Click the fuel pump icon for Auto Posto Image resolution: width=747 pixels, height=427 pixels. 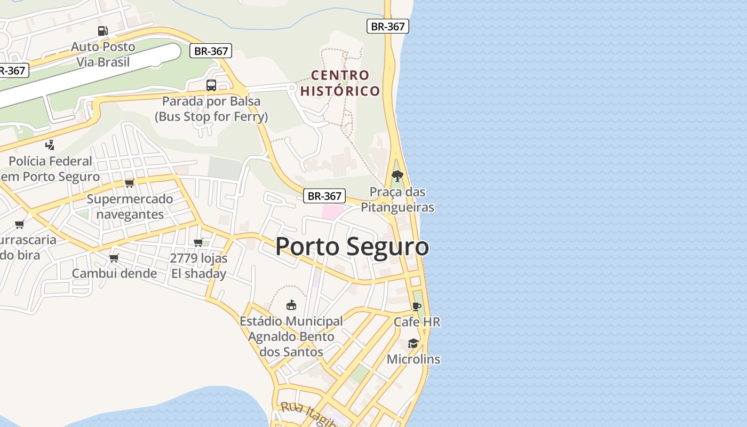[x=102, y=31]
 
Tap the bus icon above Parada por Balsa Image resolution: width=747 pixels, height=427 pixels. [x=211, y=85]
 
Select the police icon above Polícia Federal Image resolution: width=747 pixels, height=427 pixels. [x=50, y=145]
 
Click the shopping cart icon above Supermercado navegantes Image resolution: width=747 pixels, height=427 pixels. [x=129, y=183]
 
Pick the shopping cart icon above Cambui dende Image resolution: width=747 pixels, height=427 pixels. [x=114, y=258]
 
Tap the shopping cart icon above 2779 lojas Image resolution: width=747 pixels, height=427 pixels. [x=198, y=243]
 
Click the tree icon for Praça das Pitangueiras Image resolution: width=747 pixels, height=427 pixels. [x=397, y=176]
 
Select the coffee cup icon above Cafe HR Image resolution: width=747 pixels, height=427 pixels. [x=417, y=306]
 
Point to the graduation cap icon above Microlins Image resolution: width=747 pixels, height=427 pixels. [x=414, y=343]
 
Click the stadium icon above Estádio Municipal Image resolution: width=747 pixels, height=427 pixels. [x=291, y=305]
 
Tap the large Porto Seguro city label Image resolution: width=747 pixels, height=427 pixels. [x=352, y=247]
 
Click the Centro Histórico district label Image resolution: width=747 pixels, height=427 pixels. [x=340, y=83]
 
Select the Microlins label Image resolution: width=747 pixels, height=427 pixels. [x=414, y=359]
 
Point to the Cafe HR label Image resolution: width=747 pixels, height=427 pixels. [x=417, y=322]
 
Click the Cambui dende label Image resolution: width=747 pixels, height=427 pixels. [x=114, y=273]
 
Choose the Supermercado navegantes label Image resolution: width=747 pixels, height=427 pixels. [x=130, y=207]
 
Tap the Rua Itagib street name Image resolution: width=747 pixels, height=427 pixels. [x=308, y=415]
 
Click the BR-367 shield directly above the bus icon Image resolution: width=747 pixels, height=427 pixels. [x=211, y=51]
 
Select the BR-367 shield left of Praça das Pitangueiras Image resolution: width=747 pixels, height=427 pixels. [x=324, y=196]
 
